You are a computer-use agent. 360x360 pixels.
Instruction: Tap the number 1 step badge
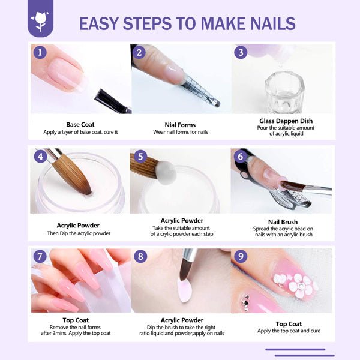click(x=40, y=52)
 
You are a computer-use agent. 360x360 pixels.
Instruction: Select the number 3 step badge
click(x=241, y=52)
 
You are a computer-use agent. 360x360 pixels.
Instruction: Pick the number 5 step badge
click(x=140, y=157)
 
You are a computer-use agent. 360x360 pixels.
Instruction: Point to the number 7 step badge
click(x=40, y=256)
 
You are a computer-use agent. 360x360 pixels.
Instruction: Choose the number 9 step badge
click(x=241, y=256)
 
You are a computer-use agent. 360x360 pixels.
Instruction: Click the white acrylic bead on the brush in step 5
click(x=166, y=172)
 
